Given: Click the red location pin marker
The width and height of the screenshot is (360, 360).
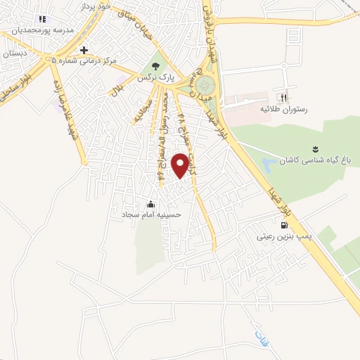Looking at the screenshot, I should (181, 164).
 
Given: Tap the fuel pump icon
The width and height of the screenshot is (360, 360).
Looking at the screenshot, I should (283, 226).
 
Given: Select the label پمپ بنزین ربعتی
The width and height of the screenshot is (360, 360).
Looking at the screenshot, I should (283, 238).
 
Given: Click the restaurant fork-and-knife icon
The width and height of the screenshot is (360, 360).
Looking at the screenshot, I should (284, 98).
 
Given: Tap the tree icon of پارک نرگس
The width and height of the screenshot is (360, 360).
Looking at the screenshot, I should (149, 68).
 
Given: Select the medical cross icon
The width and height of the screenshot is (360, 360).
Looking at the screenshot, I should (84, 50).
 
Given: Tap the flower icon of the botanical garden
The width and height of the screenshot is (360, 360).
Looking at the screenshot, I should (315, 148).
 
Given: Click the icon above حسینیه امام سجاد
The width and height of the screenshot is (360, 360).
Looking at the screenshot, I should (150, 204).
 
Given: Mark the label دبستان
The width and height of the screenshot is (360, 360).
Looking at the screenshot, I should (14, 53).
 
